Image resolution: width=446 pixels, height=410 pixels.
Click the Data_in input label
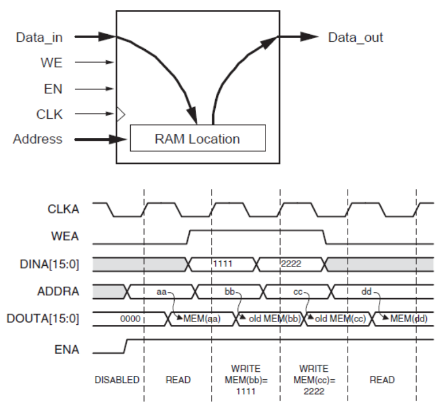click(39, 38)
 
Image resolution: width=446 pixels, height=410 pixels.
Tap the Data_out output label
click(356, 38)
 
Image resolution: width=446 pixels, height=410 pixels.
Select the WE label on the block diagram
click(51, 63)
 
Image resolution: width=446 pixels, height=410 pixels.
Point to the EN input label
click(53, 89)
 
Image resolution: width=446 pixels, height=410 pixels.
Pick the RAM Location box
click(197, 138)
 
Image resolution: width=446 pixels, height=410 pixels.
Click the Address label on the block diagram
click(38, 139)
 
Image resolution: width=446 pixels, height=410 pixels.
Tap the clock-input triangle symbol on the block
click(120, 114)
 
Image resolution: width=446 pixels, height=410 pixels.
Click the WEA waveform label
click(65, 236)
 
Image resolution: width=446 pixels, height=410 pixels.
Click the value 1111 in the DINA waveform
click(224, 264)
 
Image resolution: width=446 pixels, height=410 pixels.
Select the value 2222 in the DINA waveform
click(292, 264)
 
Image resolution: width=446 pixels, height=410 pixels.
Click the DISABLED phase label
click(117, 380)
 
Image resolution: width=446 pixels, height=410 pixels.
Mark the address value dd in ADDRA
click(366, 291)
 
